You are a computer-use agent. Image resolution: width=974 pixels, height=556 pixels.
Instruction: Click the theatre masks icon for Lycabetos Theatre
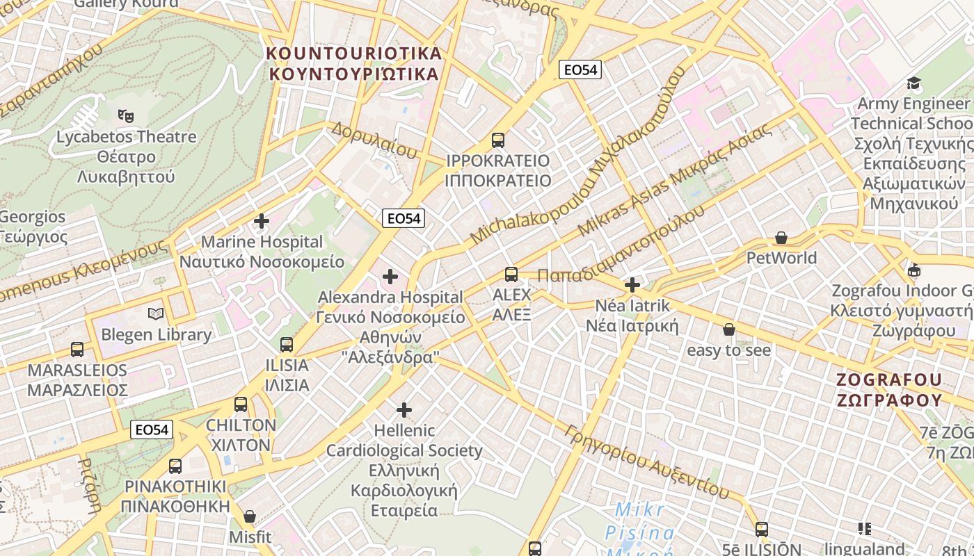click(x=125, y=115)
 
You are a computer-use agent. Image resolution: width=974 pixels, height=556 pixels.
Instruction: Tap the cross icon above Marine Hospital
click(x=262, y=222)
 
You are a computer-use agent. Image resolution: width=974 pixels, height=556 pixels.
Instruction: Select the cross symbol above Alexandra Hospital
click(x=390, y=277)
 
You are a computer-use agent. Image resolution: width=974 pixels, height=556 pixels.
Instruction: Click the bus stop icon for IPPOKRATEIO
click(x=498, y=140)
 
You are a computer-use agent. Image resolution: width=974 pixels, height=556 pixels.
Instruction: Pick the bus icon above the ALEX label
click(x=511, y=275)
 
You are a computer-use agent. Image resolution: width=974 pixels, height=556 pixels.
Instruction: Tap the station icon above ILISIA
click(x=287, y=344)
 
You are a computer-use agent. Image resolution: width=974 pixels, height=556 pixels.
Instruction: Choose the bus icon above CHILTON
click(x=241, y=404)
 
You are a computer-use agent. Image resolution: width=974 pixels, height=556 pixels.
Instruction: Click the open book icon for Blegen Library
click(x=156, y=314)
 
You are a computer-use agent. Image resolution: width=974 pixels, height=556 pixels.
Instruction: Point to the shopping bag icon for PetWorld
click(x=781, y=238)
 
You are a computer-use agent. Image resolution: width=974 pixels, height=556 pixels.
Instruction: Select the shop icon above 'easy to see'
click(x=729, y=329)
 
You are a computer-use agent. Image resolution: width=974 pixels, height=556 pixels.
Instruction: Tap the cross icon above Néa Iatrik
click(x=632, y=285)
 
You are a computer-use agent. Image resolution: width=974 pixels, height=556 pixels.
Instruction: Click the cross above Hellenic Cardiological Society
click(x=404, y=410)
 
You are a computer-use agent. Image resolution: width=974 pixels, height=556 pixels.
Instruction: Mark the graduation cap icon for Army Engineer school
click(x=913, y=83)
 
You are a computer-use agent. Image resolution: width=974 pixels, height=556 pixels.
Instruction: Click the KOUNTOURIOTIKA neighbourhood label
click(x=355, y=63)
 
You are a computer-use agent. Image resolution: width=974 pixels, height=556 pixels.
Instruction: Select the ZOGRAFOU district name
click(x=889, y=390)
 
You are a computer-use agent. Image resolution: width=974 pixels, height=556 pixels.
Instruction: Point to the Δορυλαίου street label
click(x=374, y=139)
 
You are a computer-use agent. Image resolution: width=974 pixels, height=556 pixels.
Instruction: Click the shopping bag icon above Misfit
click(x=250, y=516)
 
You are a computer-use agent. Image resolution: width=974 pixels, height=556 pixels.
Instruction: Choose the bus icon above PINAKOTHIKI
click(x=175, y=466)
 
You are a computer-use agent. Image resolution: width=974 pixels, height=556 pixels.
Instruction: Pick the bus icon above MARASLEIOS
click(x=77, y=349)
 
